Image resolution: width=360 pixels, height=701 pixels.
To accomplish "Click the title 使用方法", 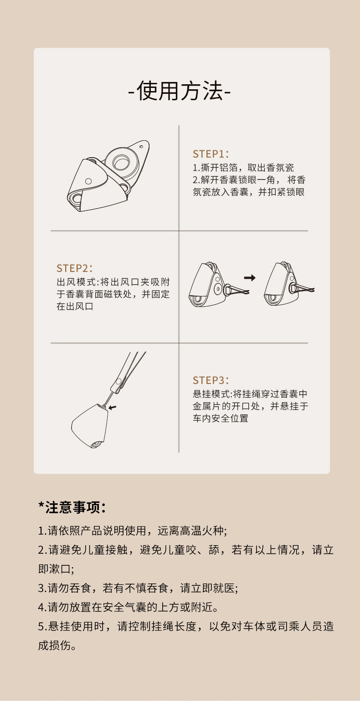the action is [180, 91].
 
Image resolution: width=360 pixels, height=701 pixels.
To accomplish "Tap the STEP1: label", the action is [211, 154].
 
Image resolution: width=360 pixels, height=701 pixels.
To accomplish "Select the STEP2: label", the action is [74, 268].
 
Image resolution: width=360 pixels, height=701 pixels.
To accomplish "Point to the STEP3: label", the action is [211, 380].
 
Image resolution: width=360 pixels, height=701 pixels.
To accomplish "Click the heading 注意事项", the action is [72, 507].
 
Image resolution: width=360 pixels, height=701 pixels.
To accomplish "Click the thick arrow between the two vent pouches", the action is [250, 277].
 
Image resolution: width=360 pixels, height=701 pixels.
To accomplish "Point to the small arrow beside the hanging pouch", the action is [113, 407].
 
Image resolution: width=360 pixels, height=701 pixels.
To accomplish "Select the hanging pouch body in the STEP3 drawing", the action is [90, 425].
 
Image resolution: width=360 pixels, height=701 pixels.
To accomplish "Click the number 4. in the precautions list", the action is [42, 608].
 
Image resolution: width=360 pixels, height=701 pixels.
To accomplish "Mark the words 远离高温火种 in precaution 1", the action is [190, 531].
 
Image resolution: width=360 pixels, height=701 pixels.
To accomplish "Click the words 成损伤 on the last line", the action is [55, 645].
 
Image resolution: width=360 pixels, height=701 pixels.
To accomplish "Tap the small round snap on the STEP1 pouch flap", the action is [88, 181].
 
